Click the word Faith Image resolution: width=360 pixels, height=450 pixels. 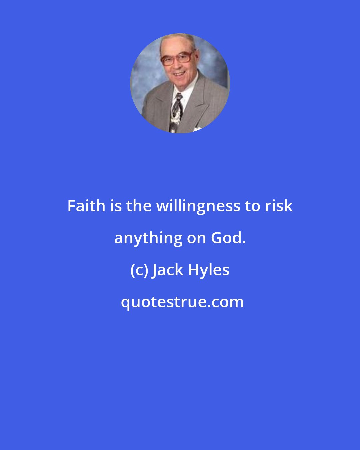tap(86, 206)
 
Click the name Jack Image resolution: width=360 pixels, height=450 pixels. tap(168, 270)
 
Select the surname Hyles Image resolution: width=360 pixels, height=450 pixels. tap(209, 270)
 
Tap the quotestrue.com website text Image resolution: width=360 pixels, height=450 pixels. tap(182, 302)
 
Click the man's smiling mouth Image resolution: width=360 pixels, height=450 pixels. tap(179, 73)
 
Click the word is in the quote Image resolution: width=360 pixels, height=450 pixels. tap(116, 206)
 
